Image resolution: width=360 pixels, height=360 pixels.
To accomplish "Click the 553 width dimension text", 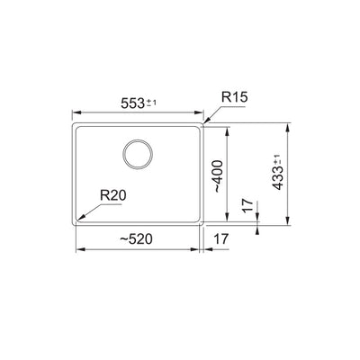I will coord(131,103).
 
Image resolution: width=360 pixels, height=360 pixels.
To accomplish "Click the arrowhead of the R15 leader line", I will coord(204,121).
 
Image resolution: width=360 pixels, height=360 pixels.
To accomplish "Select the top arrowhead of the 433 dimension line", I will coord(287,123).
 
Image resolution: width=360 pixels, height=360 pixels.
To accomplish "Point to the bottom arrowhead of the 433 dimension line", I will coord(287,222).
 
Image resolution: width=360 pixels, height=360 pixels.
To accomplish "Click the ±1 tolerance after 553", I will coord(155,101).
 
